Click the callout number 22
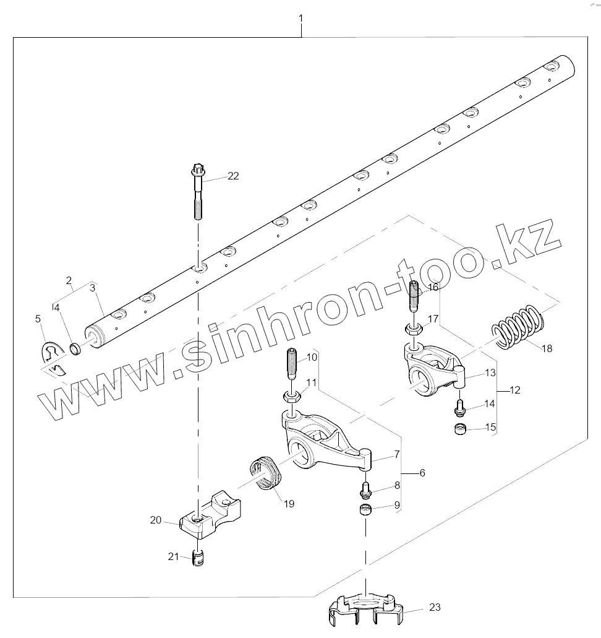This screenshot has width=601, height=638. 232,176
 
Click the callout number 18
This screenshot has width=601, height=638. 547,348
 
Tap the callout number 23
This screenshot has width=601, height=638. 435,608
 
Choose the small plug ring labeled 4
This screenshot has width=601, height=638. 75,350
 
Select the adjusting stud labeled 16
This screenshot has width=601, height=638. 415,299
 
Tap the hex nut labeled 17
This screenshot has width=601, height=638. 414,327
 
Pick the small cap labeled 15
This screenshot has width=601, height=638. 459,429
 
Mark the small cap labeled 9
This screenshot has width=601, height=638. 365,511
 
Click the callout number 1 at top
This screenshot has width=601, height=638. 300,19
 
